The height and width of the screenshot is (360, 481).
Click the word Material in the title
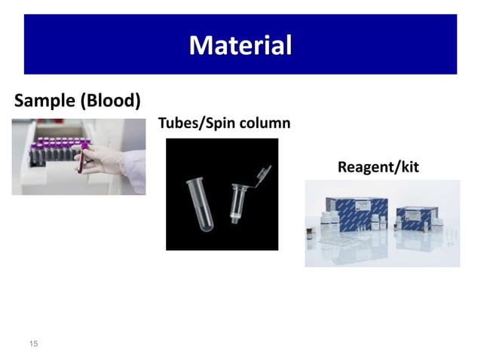tap(240, 45)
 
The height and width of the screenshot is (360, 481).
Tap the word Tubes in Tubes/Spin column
tap(176, 124)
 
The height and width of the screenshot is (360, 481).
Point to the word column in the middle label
tap(265, 124)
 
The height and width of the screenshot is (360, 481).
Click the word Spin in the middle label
tap(219, 124)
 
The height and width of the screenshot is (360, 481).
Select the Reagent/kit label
tap(378, 166)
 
